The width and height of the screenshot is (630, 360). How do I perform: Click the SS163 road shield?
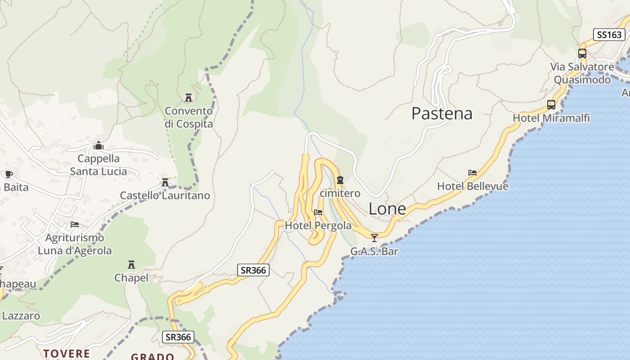point(609,35)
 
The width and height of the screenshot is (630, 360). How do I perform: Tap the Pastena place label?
point(441,113)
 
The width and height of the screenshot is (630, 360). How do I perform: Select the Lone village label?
point(387,209)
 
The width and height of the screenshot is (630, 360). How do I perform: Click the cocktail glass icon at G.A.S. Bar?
point(374,238)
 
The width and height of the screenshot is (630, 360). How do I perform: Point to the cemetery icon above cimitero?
point(340,180)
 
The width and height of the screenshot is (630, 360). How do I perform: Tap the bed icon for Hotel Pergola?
point(318,212)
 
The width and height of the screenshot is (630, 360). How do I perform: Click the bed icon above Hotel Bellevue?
point(472,173)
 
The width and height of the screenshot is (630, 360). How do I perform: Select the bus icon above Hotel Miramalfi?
point(551,105)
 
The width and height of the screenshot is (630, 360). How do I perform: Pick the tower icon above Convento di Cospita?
point(189,98)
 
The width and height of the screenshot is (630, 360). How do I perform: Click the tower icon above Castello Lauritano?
point(165,182)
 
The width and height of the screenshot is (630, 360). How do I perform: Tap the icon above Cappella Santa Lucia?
point(99,145)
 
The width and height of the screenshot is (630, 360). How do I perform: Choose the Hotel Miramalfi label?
point(551,118)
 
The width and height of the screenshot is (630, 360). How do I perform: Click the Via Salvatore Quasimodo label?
point(582,73)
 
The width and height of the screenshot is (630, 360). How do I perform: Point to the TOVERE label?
point(66,353)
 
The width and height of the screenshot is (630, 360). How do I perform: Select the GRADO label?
point(153,357)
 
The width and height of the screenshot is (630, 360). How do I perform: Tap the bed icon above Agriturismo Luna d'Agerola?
point(75,225)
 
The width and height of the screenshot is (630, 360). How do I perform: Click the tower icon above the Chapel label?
point(131,265)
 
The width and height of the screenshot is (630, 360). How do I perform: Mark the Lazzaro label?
point(21,316)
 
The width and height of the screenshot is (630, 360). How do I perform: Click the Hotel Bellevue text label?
point(472,186)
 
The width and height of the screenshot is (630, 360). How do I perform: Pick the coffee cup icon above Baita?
point(9,174)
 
